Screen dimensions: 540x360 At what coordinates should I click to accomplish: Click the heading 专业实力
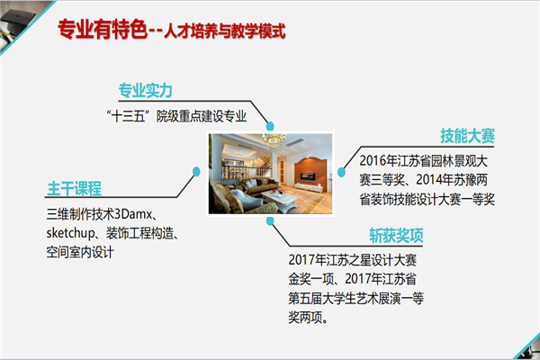pos(145,91)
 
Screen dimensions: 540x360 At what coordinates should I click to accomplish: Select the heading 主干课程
pos(75,188)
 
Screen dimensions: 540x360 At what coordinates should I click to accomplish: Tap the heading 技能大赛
pos(467,136)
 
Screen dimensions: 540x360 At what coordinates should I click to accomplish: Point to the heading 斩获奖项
pos(396,236)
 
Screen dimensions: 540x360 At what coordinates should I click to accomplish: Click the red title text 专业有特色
pos(103,29)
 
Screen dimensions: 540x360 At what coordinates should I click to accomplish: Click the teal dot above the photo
pos(270,126)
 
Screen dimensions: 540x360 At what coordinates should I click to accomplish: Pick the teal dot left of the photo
pos(196,172)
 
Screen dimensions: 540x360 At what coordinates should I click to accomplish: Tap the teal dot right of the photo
pos(341,172)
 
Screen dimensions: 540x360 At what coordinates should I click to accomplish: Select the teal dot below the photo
pos(270,220)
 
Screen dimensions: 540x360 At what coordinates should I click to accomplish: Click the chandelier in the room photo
pos(274,140)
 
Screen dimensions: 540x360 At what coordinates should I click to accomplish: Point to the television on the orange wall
pos(308,176)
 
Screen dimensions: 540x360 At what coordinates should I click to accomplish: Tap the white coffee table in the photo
pos(280,199)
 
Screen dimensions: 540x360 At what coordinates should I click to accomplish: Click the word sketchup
pos(71,234)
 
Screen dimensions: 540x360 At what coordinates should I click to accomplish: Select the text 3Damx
pos(133,214)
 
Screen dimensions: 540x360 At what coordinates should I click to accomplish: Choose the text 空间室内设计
pos(80,253)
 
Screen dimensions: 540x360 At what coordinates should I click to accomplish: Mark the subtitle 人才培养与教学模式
pos(224,31)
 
